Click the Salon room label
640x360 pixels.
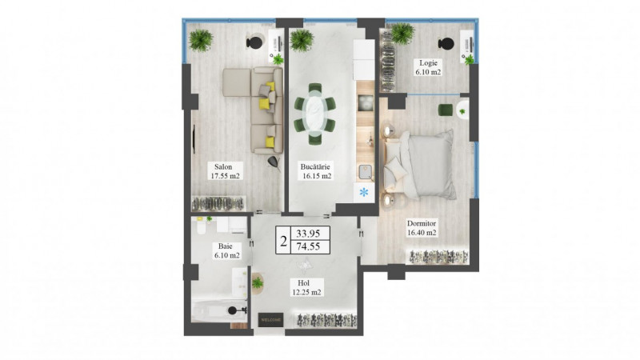(223, 166)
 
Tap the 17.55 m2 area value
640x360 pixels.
(225, 176)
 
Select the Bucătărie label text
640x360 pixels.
(315, 166)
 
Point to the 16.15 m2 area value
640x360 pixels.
(317, 176)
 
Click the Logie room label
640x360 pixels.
(428, 63)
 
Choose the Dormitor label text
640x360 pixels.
(422, 223)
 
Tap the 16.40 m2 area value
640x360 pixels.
(422, 233)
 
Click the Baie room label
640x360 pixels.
(226, 246)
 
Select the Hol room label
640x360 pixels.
(304, 282)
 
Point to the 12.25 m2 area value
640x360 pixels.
(306, 292)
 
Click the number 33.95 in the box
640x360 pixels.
(308, 234)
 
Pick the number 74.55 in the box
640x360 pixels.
(308, 246)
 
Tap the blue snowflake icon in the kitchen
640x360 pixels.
(364, 192)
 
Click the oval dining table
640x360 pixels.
(315, 114)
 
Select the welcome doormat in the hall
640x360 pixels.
(270, 319)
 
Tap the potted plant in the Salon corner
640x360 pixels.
(201, 40)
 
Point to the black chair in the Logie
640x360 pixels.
(446, 43)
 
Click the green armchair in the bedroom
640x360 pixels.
(446, 110)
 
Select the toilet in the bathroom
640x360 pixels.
(202, 226)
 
